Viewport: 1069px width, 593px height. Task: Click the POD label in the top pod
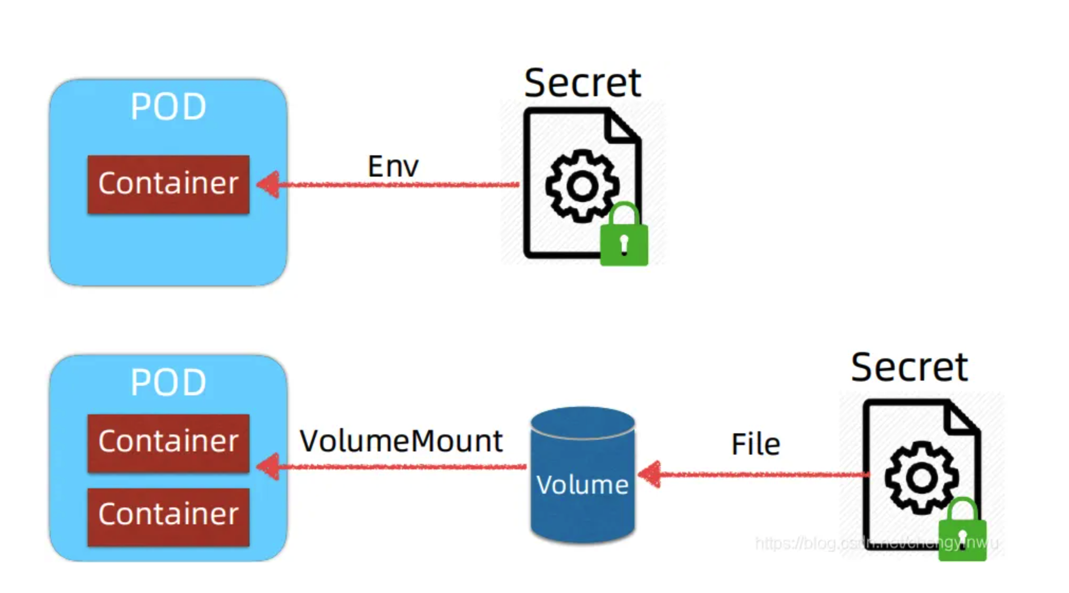168,107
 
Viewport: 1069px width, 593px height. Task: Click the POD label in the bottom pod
168,382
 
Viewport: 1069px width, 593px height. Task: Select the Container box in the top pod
168,184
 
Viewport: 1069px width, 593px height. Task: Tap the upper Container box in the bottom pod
168,443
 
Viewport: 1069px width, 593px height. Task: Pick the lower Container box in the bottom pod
168,516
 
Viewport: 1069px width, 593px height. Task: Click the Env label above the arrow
393,166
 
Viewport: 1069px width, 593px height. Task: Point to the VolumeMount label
401,441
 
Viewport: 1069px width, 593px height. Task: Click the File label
755,444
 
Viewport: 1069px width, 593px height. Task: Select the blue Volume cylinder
582,476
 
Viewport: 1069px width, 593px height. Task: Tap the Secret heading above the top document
582,83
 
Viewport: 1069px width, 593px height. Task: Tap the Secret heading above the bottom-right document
909,367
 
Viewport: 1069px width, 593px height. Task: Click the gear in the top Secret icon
582,186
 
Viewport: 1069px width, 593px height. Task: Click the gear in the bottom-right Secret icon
921,477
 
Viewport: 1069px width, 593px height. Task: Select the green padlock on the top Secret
624,238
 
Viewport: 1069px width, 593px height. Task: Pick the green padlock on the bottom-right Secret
962,533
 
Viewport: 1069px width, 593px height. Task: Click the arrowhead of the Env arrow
269,184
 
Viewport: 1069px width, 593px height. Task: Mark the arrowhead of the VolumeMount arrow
269,467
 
